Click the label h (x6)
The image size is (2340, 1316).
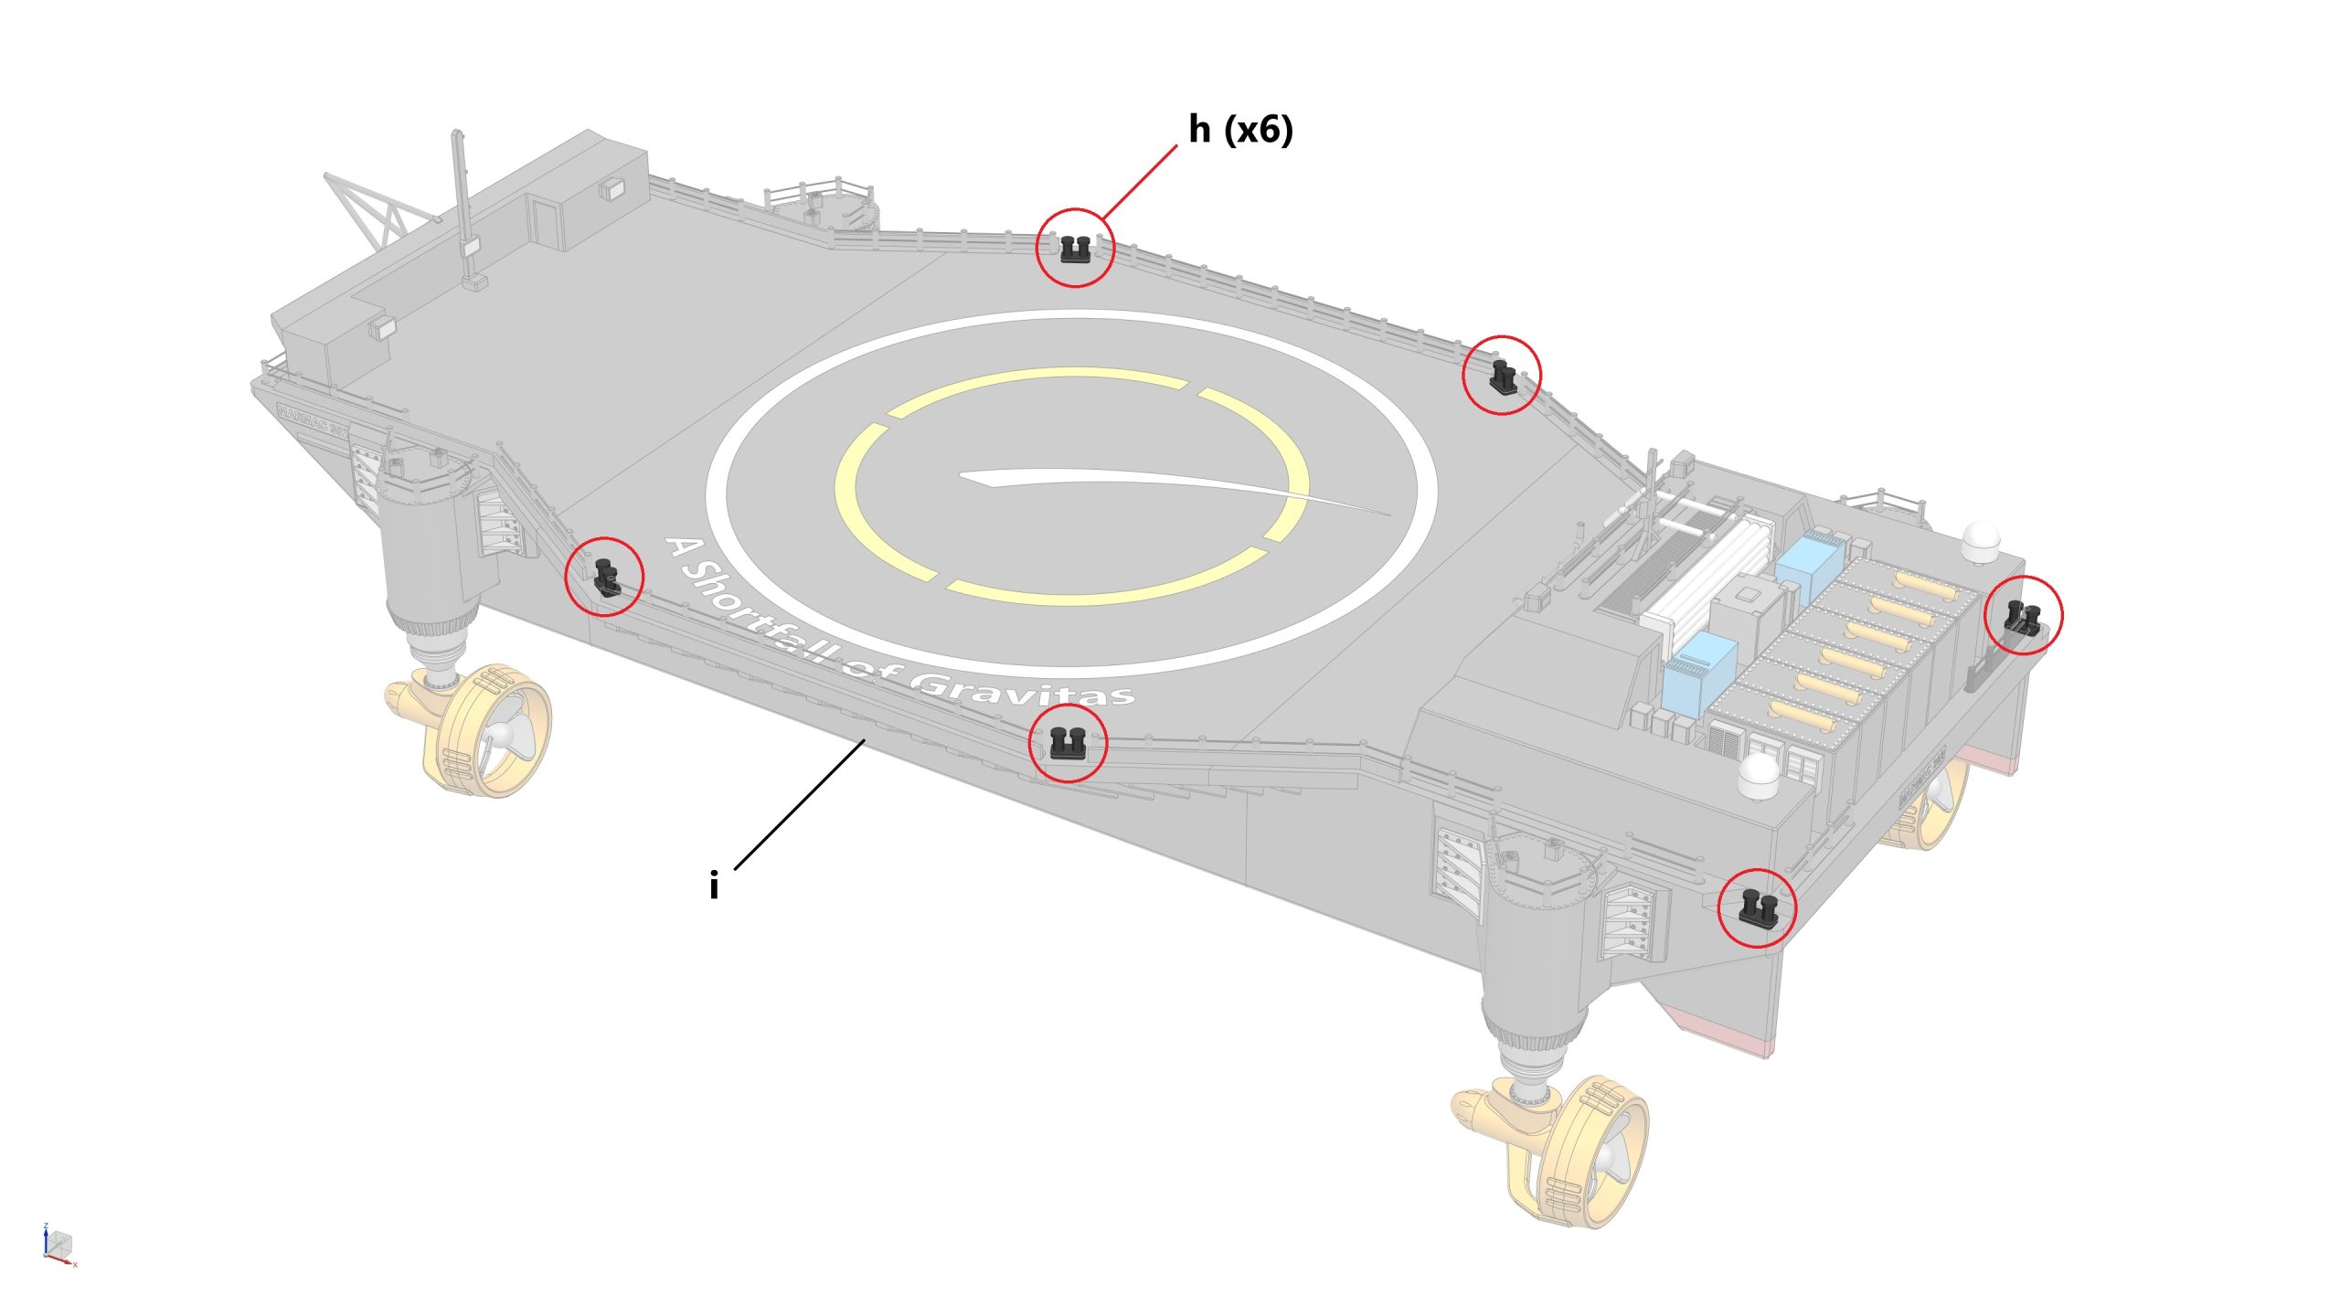coord(1240,131)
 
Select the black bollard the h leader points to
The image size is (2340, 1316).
coord(1075,249)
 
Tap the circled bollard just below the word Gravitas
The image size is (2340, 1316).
coord(1067,743)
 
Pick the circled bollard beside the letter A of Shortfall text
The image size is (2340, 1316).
coord(605,577)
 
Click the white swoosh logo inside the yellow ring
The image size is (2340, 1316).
coord(1143,484)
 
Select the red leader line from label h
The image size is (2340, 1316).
coord(1140,182)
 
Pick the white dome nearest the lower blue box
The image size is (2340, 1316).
coord(1759,777)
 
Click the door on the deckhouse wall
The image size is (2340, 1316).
coord(546,223)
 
